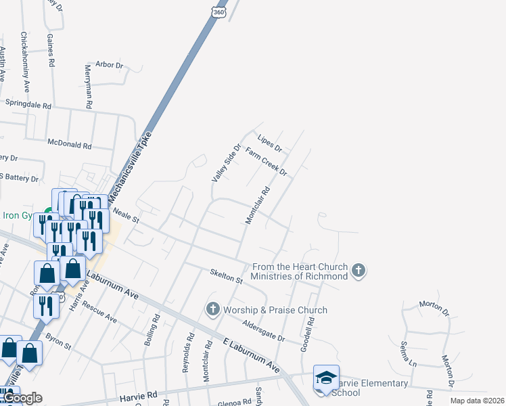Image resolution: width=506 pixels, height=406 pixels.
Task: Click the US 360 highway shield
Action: [x=218, y=13]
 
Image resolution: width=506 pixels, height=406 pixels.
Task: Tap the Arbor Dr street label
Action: [x=110, y=66]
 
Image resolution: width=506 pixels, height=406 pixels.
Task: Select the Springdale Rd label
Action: [x=28, y=106]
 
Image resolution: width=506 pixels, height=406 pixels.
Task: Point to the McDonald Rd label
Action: [x=69, y=144]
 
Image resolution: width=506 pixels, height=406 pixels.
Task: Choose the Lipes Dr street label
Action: [x=269, y=145]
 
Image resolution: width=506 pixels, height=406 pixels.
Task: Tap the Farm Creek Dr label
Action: [x=266, y=162]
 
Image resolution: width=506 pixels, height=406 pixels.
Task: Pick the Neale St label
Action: [x=126, y=216]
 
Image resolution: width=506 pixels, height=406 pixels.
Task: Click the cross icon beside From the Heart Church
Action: [x=359, y=271]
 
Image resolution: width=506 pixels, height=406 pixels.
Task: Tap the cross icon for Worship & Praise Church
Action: [x=213, y=310]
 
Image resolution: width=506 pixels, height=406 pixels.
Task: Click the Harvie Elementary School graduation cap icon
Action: [x=325, y=378]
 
